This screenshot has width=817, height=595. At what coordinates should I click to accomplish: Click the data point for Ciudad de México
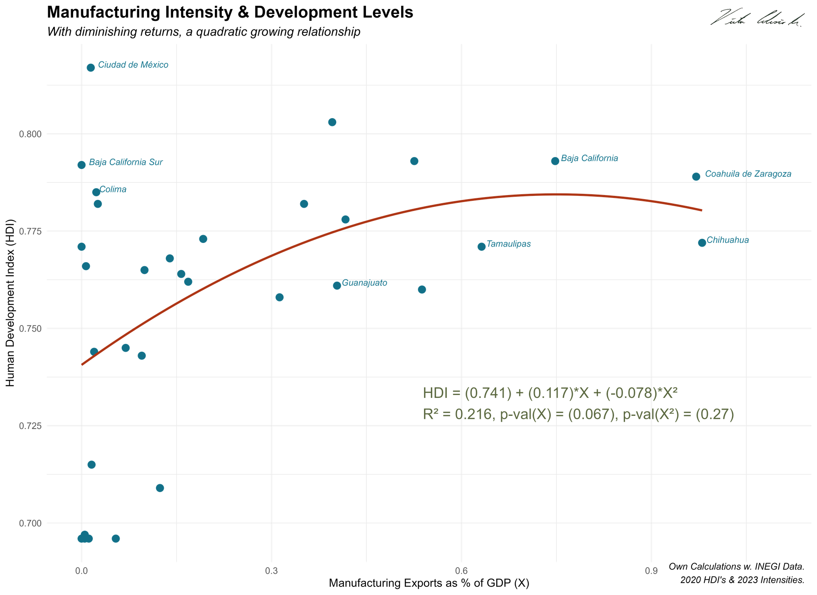tap(91, 67)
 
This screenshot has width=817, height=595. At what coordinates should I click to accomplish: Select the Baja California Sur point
tap(82, 165)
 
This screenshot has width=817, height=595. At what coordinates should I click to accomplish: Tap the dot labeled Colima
tap(96, 192)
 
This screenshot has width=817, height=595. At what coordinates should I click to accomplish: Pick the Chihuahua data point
tap(702, 243)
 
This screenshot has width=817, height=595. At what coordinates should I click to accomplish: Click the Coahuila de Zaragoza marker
tap(696, 177)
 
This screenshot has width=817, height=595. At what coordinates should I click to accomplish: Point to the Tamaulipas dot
tap(482, 247)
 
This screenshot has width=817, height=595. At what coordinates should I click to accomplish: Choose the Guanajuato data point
tap(337, 286)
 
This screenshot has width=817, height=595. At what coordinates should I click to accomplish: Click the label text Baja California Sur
tap(125, 162)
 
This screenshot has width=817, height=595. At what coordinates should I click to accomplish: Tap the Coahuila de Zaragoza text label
tap(748, 174)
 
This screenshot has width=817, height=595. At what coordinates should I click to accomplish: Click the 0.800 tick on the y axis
tap(30, 134)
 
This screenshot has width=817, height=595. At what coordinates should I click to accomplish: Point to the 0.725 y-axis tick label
tap(30, 426)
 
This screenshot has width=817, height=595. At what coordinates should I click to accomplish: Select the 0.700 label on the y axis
tap(30, 523)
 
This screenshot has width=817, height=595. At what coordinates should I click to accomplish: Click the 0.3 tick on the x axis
tap(271, 571)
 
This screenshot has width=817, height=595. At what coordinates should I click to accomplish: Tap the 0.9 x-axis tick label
tap(651, 571)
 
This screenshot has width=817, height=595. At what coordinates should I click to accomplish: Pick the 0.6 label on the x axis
tap(461, 571)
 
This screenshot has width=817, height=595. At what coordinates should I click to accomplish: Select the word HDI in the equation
tap(435, 393)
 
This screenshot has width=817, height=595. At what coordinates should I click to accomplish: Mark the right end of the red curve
tap(701, 211)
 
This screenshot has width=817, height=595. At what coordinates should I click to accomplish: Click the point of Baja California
tap(555, 161)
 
